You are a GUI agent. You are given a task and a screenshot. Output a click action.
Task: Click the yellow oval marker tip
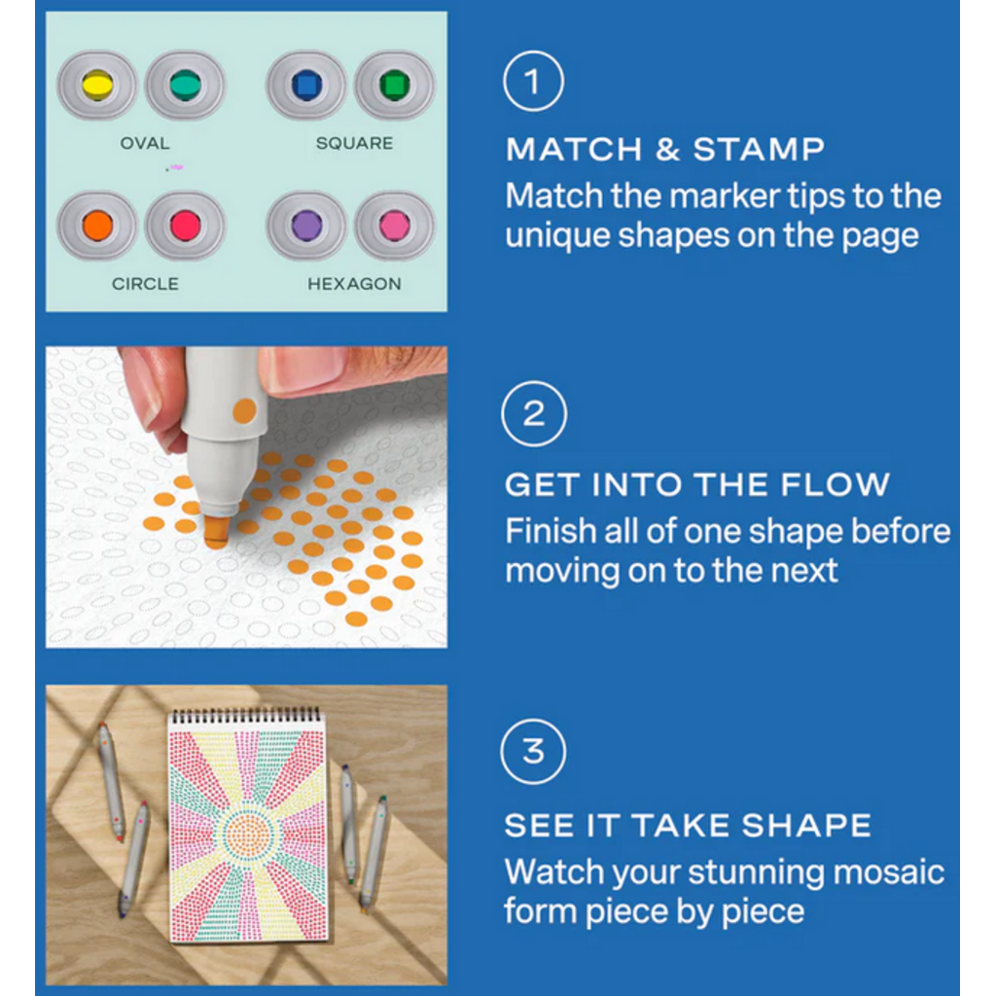click(x=98, y=86)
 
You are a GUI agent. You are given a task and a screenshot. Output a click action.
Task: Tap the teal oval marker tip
click(x=186, y=86)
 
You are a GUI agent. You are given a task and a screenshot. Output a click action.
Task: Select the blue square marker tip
click(x=306, y=86)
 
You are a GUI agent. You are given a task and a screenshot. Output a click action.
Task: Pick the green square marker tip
click(x=395, y=86)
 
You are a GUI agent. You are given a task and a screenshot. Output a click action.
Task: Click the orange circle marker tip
click(x=98, y=226)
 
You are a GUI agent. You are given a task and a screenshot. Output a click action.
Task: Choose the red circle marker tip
click(x=186, y=226)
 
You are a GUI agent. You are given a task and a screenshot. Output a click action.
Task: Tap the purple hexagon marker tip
click(x=306, y=226)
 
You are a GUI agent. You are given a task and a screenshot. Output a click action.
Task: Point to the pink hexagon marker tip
click(x=395, y=226)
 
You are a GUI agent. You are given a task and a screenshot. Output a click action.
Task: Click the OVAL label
click(x=145, y=144)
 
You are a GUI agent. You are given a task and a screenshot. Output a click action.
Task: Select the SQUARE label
click(x=354, y=144)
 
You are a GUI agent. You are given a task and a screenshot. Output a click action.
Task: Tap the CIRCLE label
click(x=146, y=284)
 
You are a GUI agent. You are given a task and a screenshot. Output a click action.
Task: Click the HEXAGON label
click(x=354, y=284)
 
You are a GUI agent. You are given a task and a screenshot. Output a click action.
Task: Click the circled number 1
click(x=534, y=82)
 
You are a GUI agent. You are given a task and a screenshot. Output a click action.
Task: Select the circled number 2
click(x=534, y=413)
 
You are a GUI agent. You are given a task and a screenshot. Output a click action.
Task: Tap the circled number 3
click(x=534, y=752)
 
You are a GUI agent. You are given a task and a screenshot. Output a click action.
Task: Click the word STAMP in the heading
click(x=759, y=150)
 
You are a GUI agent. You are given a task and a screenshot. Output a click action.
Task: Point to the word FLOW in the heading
click(x=836, y=484)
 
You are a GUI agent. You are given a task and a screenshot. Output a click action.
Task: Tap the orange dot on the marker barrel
click(x=244, y=411)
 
